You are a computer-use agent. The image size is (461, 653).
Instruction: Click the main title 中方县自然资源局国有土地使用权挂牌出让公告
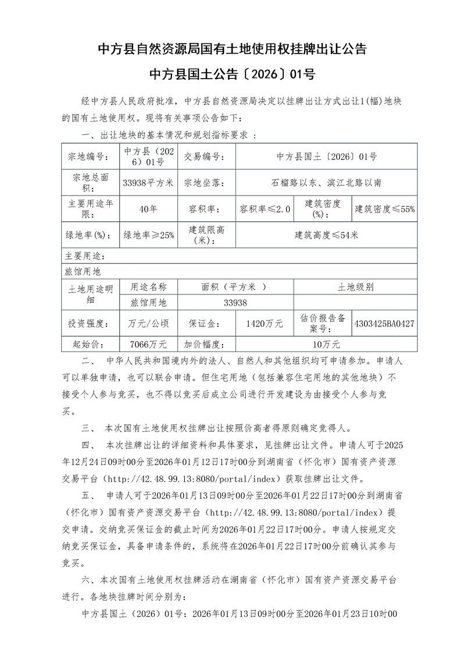(231, 49)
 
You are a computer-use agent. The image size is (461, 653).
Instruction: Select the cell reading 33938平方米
(148, 183)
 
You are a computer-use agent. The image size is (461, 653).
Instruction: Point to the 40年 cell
(148, 209)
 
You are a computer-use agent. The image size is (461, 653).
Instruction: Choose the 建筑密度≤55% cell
(384, 209)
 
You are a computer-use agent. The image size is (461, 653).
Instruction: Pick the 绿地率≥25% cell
(148, 235)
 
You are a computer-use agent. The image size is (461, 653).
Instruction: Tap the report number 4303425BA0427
(384, 323)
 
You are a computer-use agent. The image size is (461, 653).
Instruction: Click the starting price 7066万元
(148, 344)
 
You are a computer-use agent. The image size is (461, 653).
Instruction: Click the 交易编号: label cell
(202, 157)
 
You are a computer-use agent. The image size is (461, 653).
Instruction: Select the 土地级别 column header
(355, 287)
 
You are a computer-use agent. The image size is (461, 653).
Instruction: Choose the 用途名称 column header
(148, 287)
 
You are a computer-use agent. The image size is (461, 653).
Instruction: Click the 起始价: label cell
(90, 344)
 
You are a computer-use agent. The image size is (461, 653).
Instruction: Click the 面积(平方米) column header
(235, 287)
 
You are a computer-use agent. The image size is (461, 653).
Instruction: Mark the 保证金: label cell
(202, 323)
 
